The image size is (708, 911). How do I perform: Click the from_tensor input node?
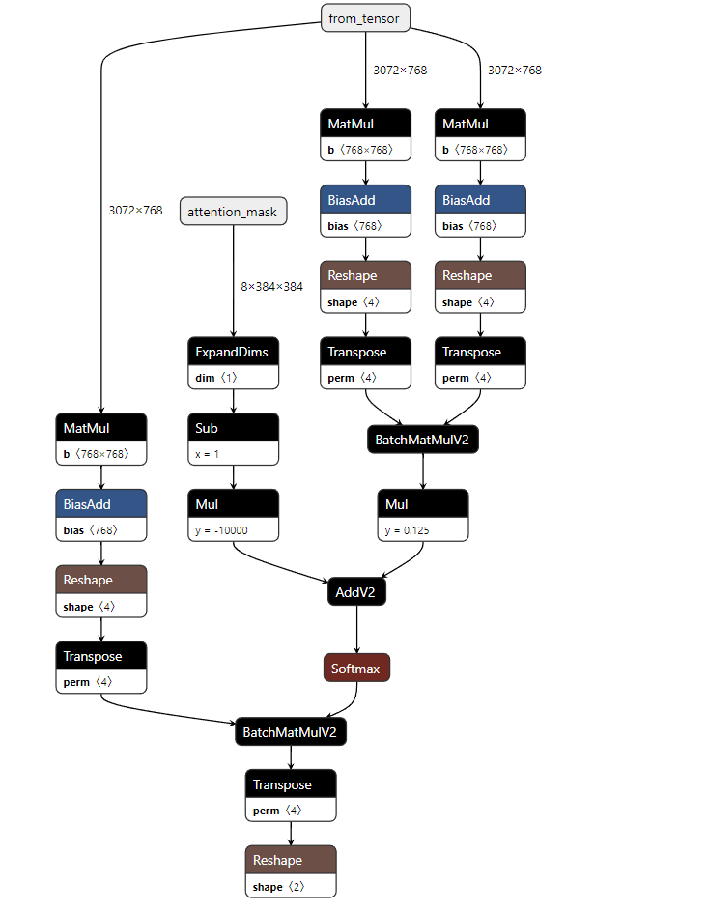(366, 18)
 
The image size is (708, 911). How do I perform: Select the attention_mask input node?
(233, 212)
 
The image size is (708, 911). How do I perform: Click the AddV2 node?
(356, 593)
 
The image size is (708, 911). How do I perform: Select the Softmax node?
(356, 669)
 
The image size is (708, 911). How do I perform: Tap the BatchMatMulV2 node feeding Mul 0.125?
(423, 440)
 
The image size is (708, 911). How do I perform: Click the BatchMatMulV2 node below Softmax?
(291, 732)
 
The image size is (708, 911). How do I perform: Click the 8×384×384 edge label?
(271, 287)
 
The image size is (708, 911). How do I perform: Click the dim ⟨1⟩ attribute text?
(218, 378)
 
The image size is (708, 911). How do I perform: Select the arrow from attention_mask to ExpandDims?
(233, 280)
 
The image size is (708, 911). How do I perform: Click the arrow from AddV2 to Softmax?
(356, 630)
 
